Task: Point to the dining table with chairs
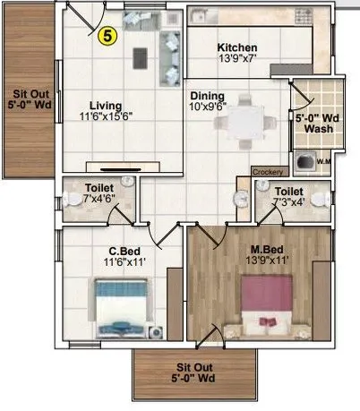[244, 127]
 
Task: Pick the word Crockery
[268, 171]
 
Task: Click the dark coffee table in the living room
[138, 57]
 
